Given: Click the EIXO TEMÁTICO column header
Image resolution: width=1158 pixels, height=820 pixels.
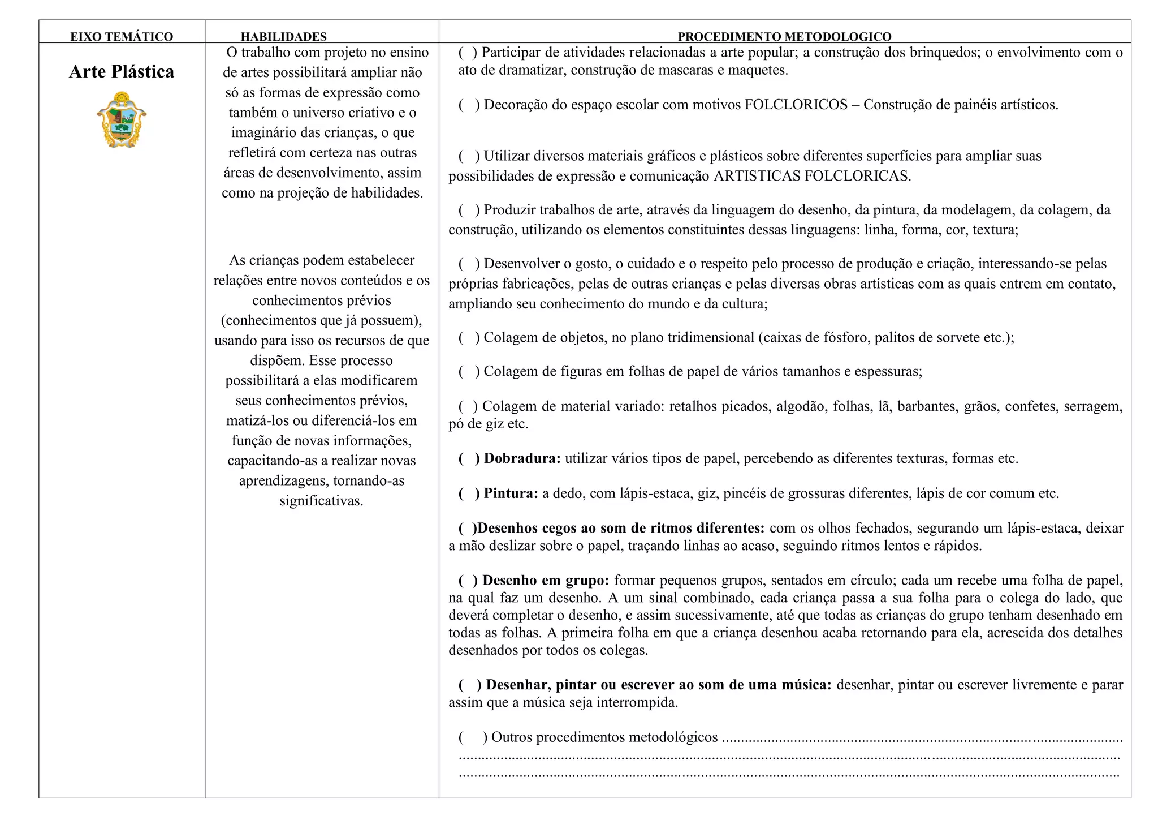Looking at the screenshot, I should point(122,37).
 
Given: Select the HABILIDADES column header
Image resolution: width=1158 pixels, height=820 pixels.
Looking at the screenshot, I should point(283,37).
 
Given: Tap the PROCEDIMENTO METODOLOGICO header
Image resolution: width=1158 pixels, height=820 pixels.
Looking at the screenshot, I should point(784,37).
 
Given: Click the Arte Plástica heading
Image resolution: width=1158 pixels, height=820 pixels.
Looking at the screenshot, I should point(122,72).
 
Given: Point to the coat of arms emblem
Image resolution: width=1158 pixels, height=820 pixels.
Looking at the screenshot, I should point(122,120).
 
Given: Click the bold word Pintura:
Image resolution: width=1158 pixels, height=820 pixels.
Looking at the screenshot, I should point(511,493).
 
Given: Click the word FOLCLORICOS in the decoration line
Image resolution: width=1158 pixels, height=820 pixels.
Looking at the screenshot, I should point(796,105).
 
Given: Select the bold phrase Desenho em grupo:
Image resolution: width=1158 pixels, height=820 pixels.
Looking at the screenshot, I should point(545,581).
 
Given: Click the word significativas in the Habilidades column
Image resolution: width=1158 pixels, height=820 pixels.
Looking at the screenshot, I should point(321,501).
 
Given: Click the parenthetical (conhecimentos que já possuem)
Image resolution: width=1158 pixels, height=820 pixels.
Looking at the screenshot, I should point(321,320).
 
